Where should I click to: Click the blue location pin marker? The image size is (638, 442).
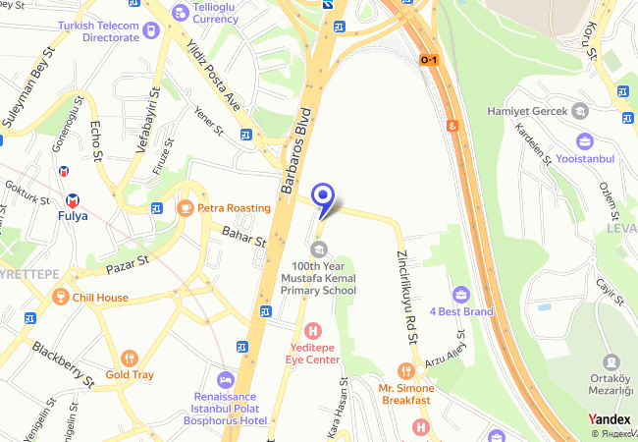click(x=323, y=196)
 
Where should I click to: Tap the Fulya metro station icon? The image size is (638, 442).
click(x=68, y=170)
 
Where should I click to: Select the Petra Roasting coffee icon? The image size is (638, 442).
click(x=185, y=208)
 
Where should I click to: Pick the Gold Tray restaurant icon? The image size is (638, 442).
click(x=129, y=358)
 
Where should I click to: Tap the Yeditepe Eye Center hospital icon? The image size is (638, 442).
click(x=313, y=330)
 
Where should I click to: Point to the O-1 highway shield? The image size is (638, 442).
click(x=429, y=60)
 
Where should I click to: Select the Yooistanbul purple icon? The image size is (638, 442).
click(x=584, y=141)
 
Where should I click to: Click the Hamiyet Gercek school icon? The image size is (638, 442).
click(x=578, y=111)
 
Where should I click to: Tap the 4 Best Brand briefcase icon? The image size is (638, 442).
click(x=460, y=294)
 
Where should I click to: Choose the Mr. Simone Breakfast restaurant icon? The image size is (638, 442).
click(x=406, y=370)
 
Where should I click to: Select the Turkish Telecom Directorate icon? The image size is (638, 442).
click(x=150, y=30)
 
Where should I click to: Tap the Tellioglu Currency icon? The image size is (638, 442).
click(x=180, y=12)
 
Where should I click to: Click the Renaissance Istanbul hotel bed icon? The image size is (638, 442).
click(x=226, y=380)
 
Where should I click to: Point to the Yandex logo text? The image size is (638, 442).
click(x=609, y=419)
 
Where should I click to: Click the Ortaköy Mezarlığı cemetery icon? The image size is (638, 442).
click(x=611, y=362)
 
